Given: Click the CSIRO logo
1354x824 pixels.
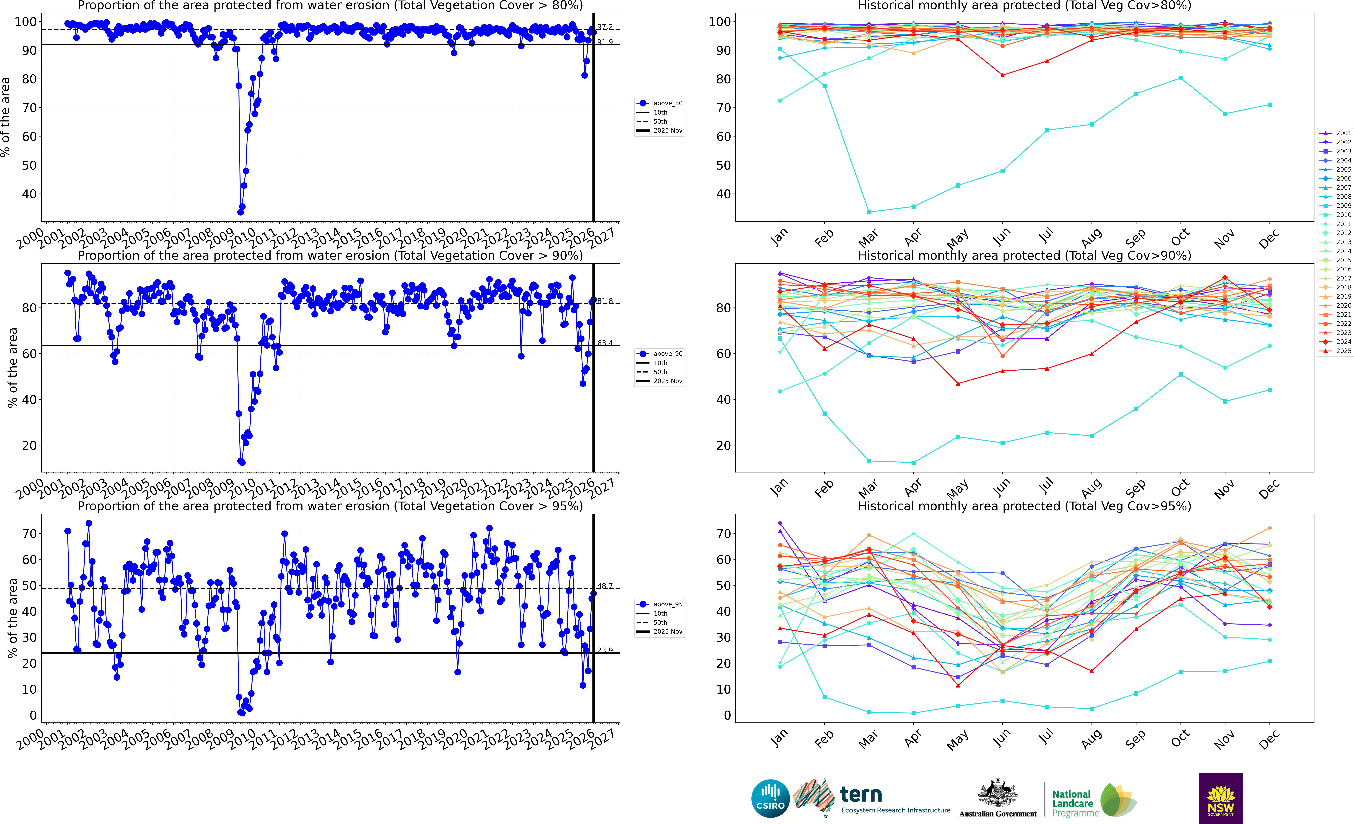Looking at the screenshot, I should [x=770, y=798].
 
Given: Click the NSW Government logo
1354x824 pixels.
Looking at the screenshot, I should [x=1221, y=798].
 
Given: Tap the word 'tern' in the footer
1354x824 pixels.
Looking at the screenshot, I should [x=861, y=794].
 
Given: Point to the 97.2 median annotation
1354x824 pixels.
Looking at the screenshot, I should [x=605, y=27].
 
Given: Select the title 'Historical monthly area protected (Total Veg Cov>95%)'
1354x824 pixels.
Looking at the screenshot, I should [x=1024, y=506].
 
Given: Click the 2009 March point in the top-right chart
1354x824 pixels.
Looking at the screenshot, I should [x=869, y=212].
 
